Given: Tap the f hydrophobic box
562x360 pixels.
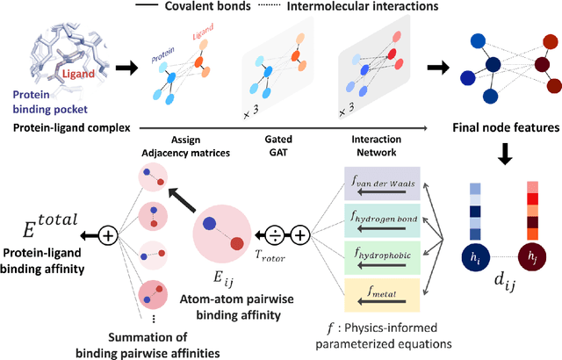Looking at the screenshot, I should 383,250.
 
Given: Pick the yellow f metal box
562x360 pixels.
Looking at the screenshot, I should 383,285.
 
